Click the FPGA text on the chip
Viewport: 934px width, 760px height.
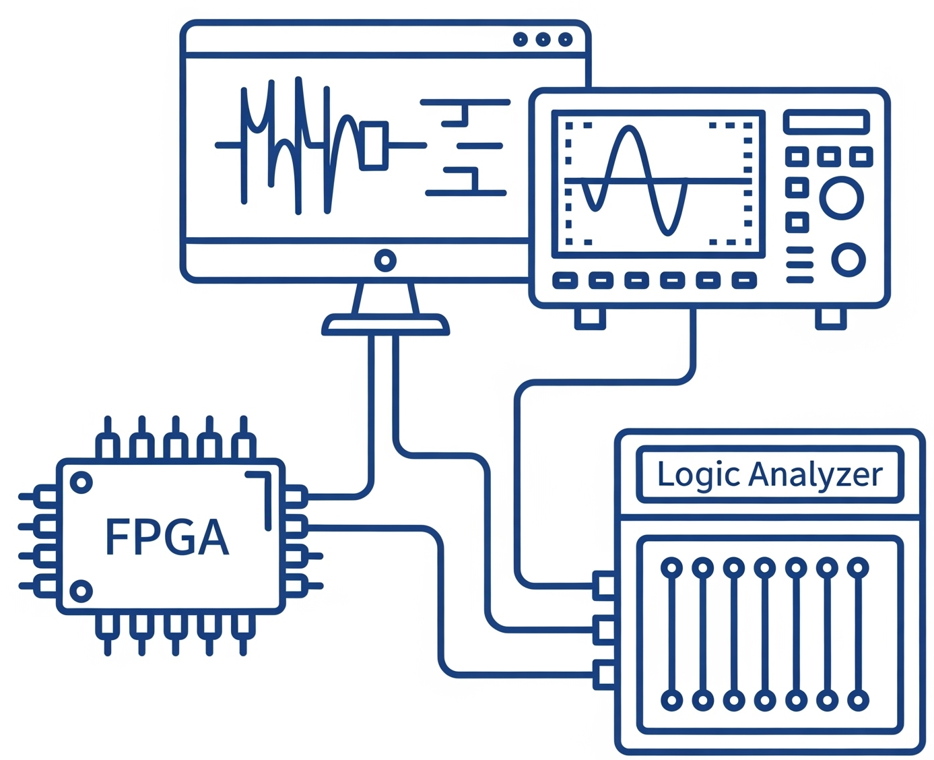[x=167, y=537]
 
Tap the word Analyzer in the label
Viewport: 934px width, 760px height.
[x=815, y=475]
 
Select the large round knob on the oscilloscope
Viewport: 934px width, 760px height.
[x=841, y=198]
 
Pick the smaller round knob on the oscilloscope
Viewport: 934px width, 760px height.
[x=848, y=259]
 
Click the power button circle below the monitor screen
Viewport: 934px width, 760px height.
[x=385, y=260]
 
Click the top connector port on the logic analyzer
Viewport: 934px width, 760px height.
[x=604, y=585]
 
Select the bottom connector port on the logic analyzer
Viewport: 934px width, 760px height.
[x=604, y=674]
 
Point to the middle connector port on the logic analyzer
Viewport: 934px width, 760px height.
[x=604, y=630]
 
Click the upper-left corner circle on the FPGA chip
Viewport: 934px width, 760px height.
[x=81, y=482]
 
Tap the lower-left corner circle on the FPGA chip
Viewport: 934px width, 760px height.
[x=81, y=591]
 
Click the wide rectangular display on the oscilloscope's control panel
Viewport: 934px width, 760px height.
[x=826, y=122]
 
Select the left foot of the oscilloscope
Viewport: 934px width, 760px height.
[x=590, y=317]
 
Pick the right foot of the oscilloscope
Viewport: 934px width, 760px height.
[x=831, y=317]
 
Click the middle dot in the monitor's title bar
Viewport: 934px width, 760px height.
[x=543, y=40]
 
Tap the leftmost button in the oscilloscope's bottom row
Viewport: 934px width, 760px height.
[x=565, y=280]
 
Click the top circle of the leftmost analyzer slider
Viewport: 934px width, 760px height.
[x=671, y=568]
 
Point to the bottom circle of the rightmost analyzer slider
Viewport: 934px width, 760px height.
[x=858, y=700]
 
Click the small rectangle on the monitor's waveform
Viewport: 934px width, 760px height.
[x=374, y=144]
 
